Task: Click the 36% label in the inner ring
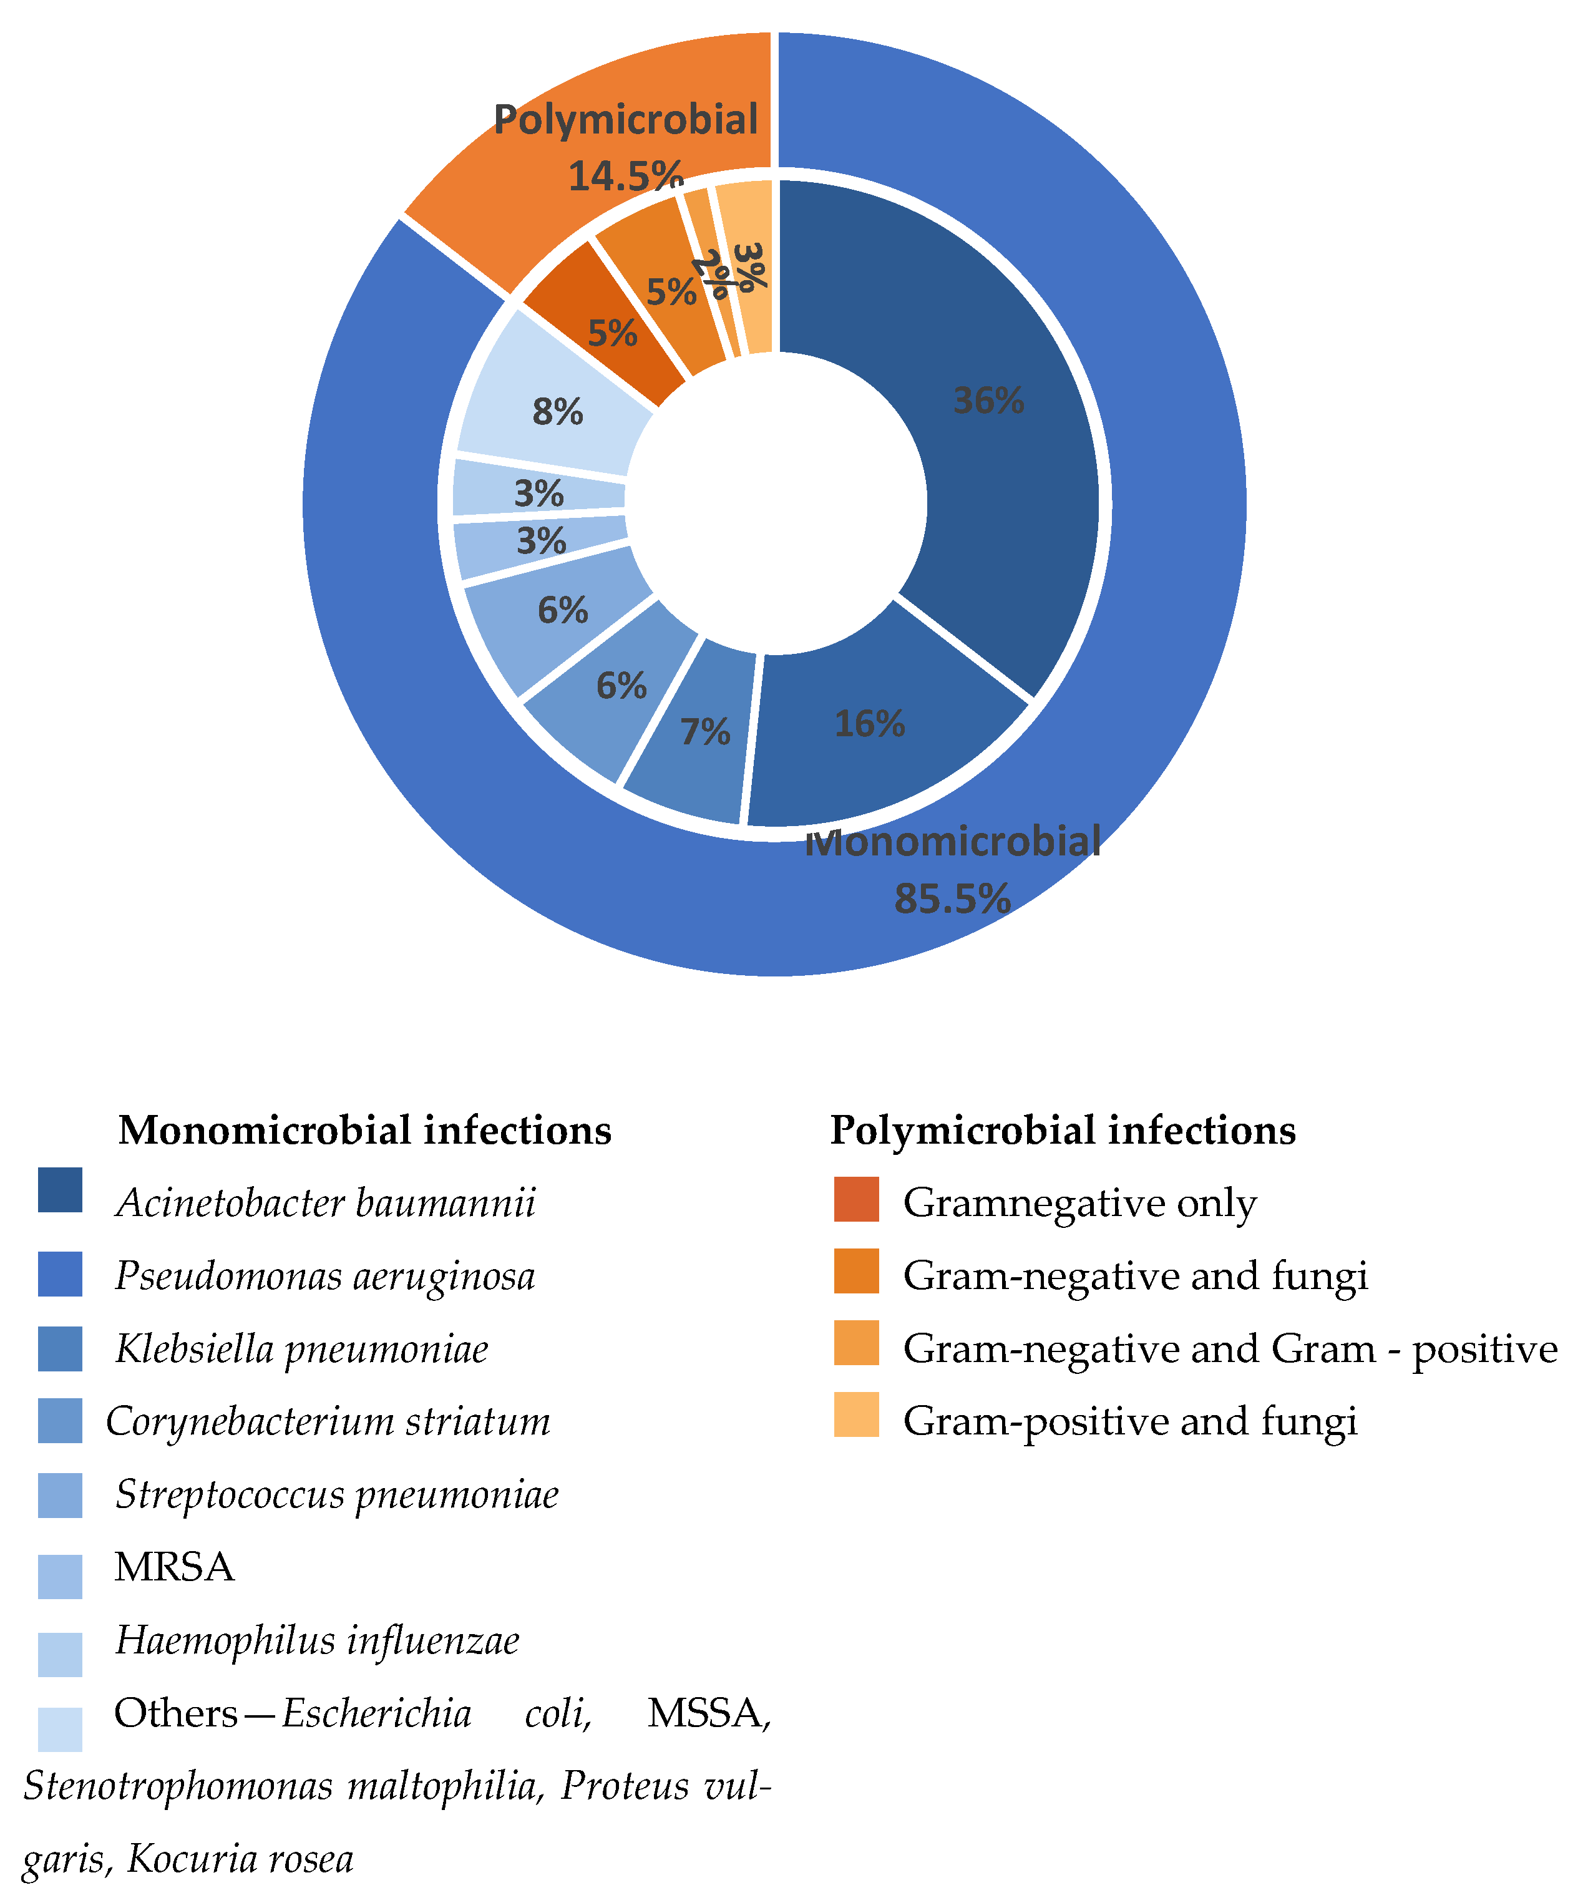[988, 401]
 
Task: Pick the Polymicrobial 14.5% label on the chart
[625, 145]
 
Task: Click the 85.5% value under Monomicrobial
[952, 899]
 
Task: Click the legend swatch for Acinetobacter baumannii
[61, 1190]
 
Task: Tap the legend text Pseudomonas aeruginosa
[324, 1276]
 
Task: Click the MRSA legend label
[174, 1568]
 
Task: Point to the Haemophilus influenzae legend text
[317, 1641]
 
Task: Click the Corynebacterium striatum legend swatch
[61, 1421]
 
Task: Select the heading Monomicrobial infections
[364, 1130]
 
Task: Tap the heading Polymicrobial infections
[1062, 1130]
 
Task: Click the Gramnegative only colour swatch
[856, 1199]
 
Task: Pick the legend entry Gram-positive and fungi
[1130, 1421]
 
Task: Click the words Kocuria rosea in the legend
[240, 1859]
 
